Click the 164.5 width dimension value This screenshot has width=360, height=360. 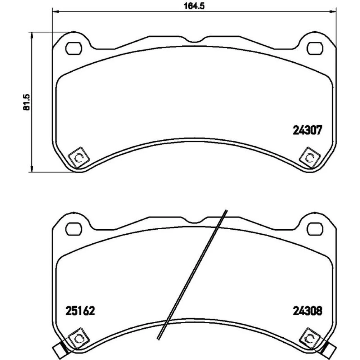tap(194, 6)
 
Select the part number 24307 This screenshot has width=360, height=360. tap(307, 130)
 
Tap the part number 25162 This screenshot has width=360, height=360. tap(80, 311)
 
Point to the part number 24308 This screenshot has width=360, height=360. tap(307, 311)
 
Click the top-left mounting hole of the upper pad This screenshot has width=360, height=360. tap(74, 49)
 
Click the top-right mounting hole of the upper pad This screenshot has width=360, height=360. tap(315, 49)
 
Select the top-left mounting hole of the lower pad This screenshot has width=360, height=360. tap(74, 229)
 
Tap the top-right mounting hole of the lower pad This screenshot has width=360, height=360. tap(315, 229)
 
